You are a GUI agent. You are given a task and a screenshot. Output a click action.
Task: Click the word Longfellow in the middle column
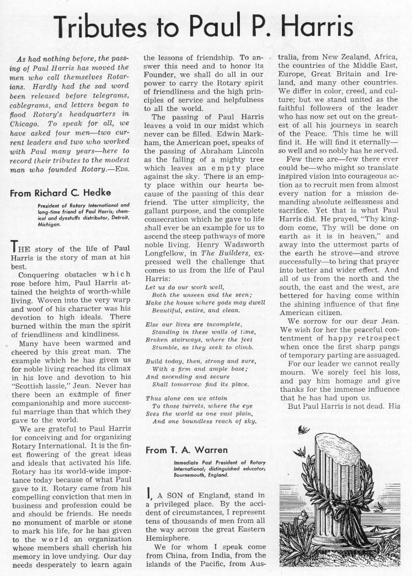point(167,267)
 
